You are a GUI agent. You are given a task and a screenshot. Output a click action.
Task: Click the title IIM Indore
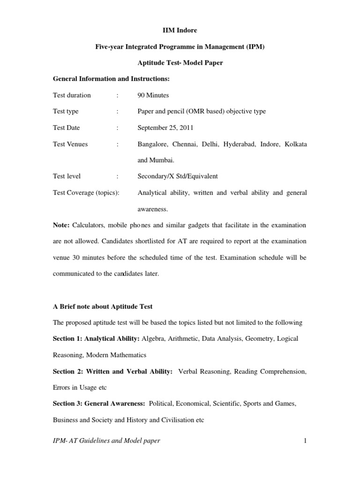pyautogui.click(x=180, y=30)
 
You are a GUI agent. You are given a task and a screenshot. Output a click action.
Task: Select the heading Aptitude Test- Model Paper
pyautogui.click(x=180, y=63)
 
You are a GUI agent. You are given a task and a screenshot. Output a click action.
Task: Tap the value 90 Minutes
pyautogui.click(x=153, y=95)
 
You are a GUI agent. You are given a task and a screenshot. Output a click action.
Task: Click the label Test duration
pyautogui.click(x=72, y=95)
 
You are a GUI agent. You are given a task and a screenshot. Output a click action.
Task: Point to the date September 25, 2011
pyautogui.click(x=165, y=127)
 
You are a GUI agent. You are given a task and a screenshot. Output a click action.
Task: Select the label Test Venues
pyautogui.click(x=70, y=144)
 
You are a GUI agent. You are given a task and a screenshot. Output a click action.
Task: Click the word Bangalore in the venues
pyautogui.click(x=153, y=144)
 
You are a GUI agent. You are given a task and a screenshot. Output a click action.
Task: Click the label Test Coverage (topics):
pyautogui.click(x=86, y=193)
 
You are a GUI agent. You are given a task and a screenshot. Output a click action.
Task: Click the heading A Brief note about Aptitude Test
pyautogui.click(x=103, y=307)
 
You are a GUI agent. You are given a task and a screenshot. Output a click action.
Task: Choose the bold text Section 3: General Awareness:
pyautogui.click(x=99, y=404)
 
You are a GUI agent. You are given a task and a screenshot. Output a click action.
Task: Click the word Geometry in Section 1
pyautogui.click(x=261, y=338)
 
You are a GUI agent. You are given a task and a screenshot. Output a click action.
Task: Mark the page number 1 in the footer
pyautogui.click(x=305, y=441)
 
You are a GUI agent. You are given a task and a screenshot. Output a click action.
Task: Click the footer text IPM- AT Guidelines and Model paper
pyautogui.click(x=107, y=441)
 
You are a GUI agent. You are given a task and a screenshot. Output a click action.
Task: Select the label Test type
pyautogui.click(x=66, y=111)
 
